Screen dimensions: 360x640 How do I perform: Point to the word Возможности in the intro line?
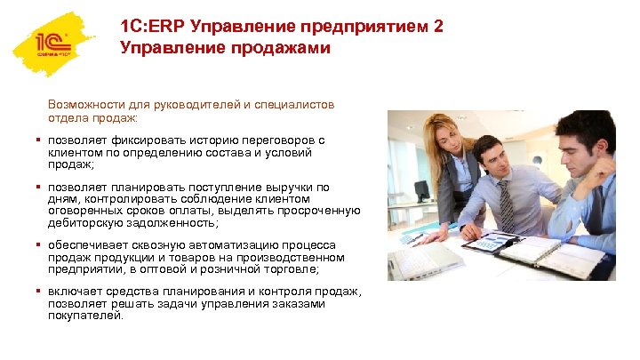[86, 104]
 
